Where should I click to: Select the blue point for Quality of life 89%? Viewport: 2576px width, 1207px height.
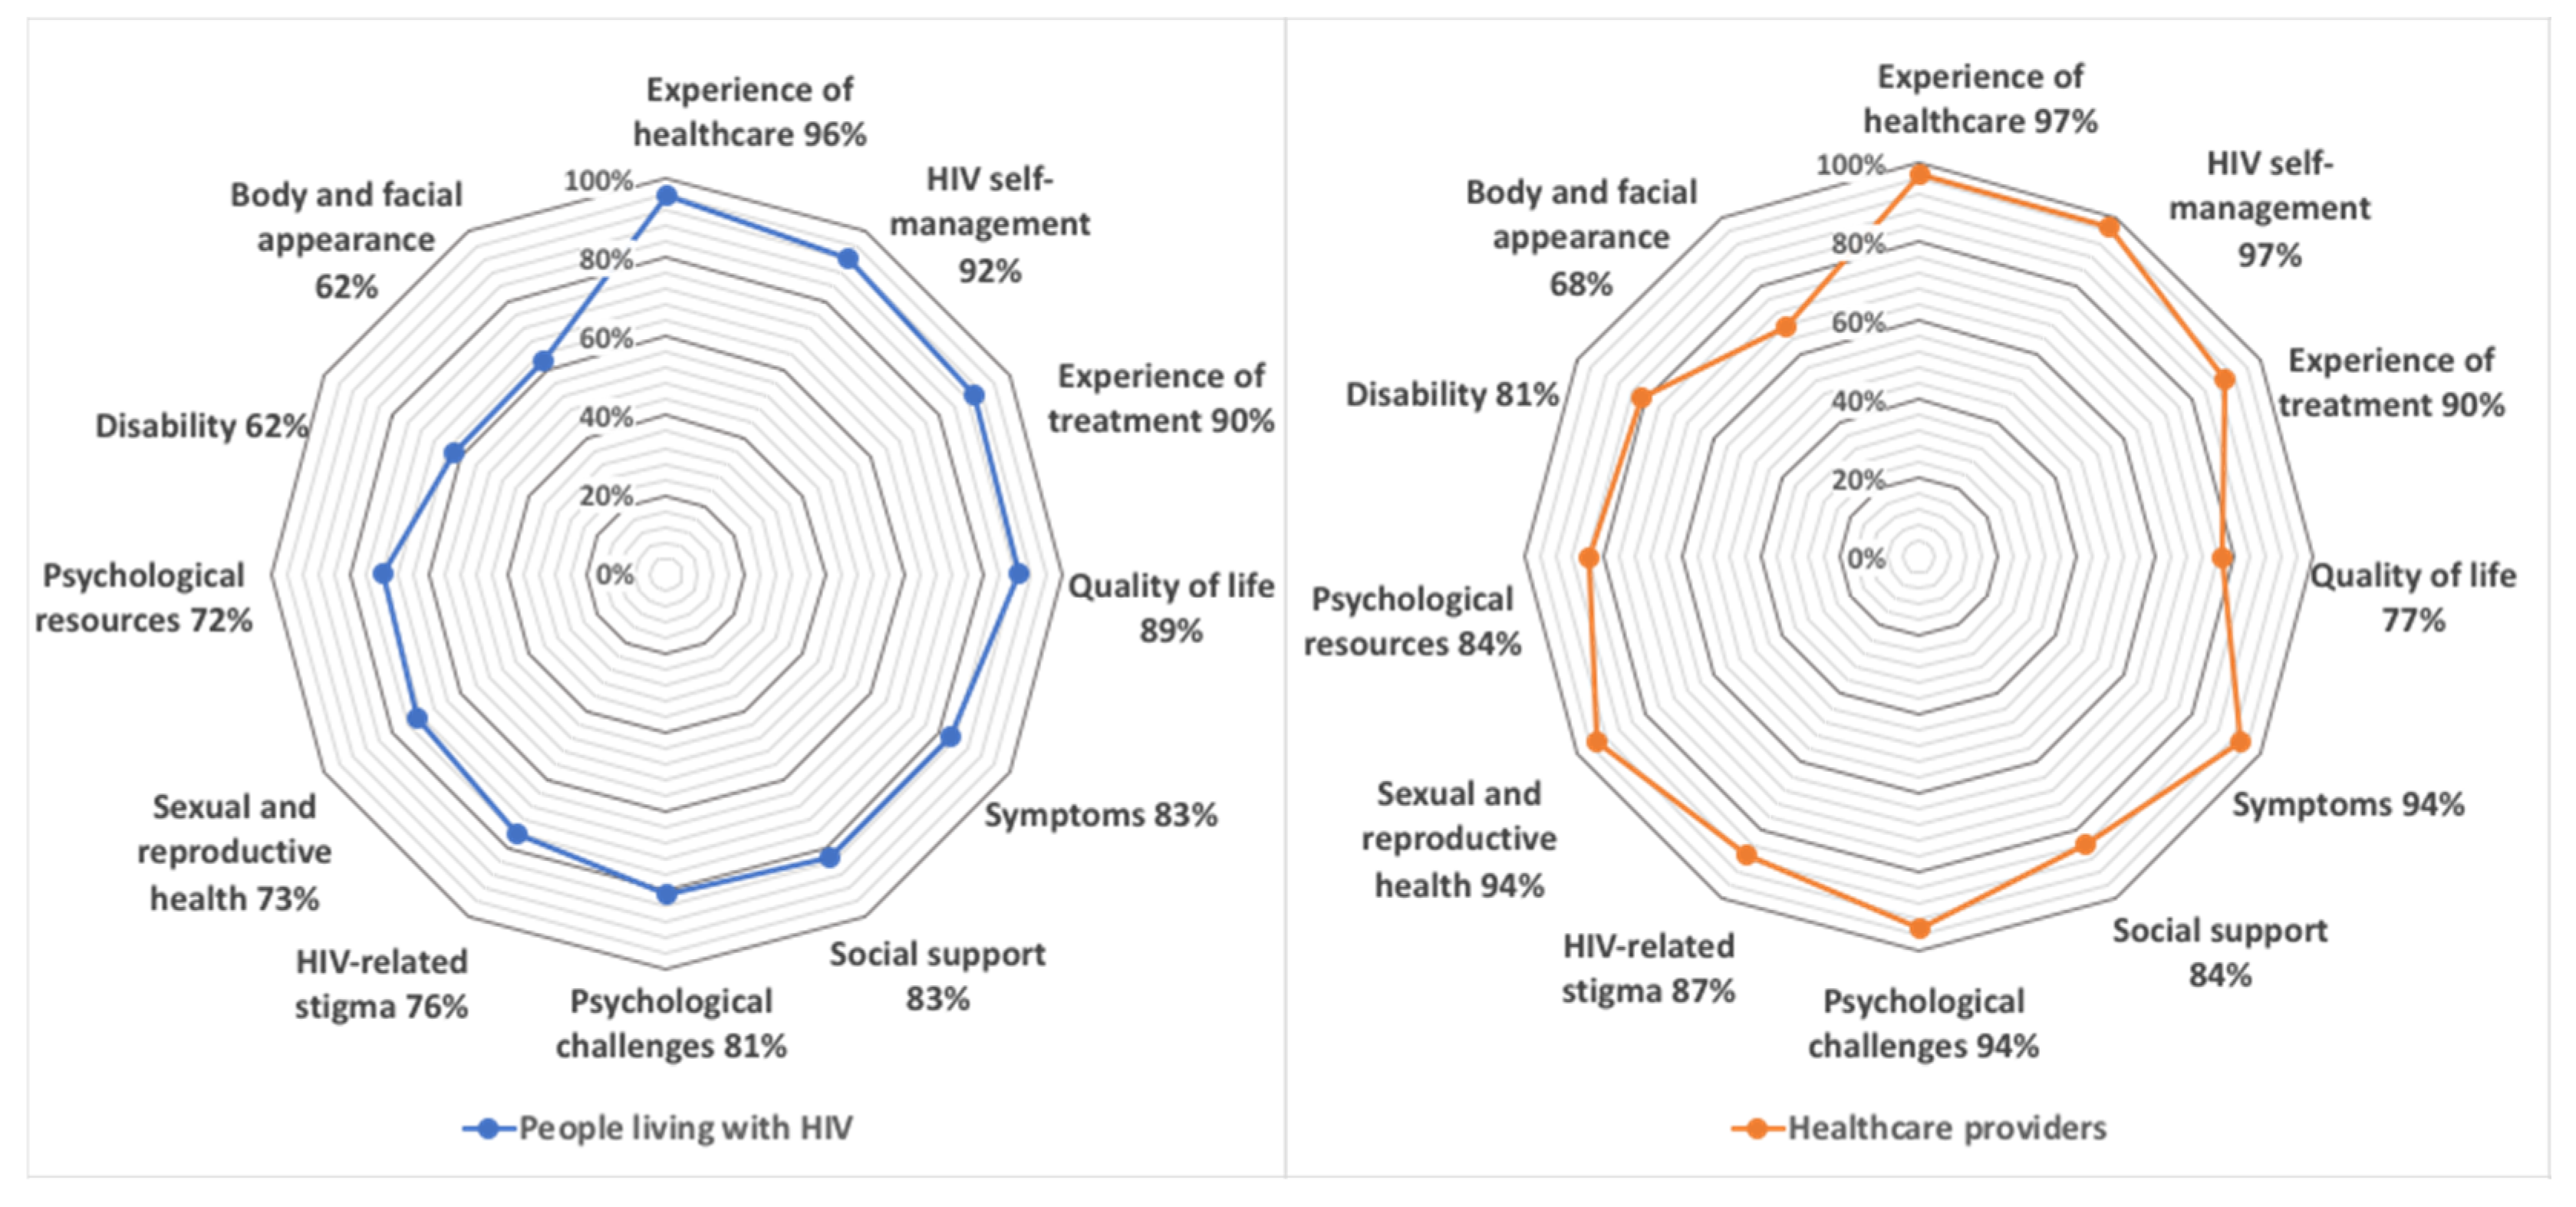tap(1018, 574)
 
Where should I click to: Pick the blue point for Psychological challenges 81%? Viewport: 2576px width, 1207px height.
tap(667, 894)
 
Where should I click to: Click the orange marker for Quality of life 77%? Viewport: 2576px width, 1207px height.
tap(2221, 558)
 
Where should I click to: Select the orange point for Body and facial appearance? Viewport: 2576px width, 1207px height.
tap(1786, 327)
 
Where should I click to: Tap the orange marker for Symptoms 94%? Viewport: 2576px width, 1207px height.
tap(2241, 742)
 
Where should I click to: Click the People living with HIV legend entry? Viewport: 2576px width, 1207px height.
tap(658, 1128)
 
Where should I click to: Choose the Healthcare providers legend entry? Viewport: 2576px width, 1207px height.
tap(1919, 1128)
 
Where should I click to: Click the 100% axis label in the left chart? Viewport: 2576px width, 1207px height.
tap(598, 181)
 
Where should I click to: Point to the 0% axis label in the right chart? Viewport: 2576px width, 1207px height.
tap(1866, 558)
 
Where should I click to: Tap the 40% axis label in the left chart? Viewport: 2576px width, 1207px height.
tap(606, 417)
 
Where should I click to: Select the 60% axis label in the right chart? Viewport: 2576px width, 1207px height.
tap(1858, 322)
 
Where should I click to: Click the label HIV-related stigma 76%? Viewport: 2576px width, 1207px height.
tap(381, 984)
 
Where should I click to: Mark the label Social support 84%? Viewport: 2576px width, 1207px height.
tap(2220, 952)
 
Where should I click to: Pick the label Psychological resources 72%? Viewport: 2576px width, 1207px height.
tap(144, 598)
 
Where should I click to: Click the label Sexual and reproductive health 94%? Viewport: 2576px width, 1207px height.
tap(1459, 839)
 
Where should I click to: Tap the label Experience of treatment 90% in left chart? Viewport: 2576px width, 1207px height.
tap(1161, 398)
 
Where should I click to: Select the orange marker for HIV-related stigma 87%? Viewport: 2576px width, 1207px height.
tap(1747, 854)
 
